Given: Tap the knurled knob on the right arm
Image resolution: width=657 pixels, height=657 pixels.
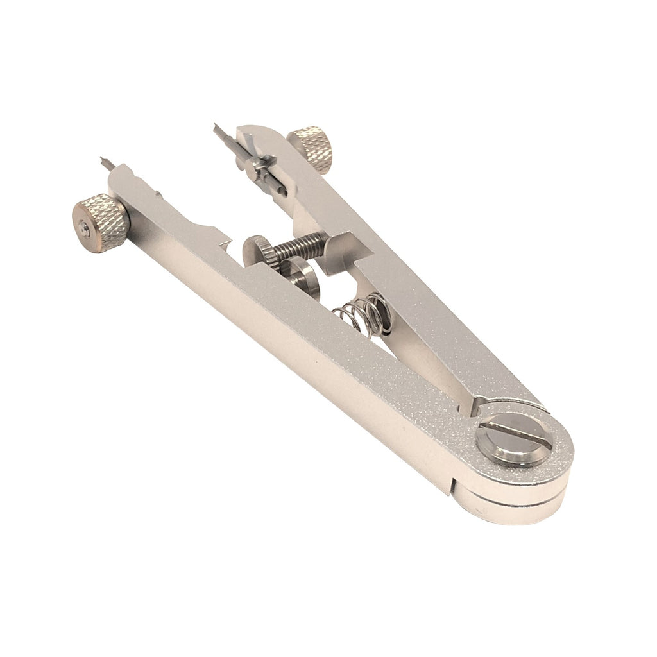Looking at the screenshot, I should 311,148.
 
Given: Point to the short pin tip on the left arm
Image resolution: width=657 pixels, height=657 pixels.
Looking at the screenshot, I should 106,163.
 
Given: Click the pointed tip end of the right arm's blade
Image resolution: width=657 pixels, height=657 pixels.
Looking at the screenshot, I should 217,128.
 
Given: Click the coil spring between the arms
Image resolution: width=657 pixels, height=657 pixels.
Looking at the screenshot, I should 362,315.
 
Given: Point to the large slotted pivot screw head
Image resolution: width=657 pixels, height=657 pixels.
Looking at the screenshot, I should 513,440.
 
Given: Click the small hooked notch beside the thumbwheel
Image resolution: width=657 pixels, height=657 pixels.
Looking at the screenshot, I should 226,247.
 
